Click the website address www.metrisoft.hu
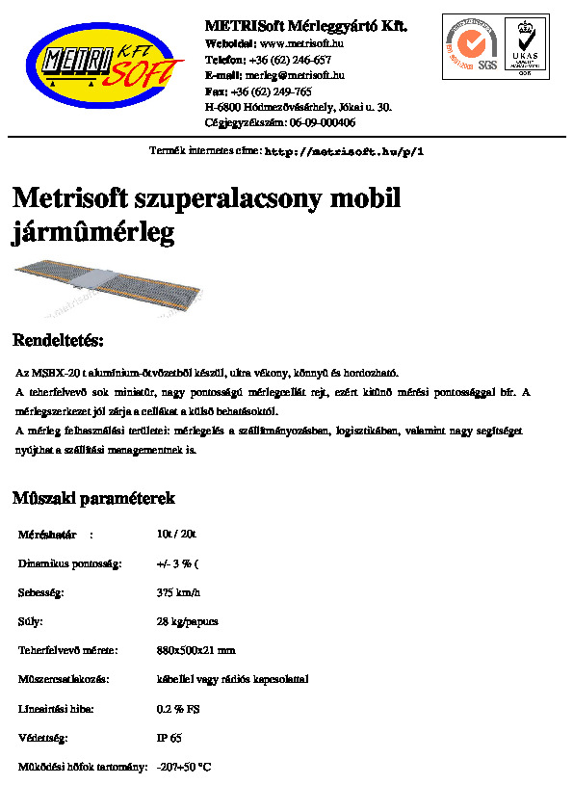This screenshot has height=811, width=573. [x=302, y=43]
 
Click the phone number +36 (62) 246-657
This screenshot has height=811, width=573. [x=283, y=60]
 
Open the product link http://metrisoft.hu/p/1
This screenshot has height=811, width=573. [x=344, y=152]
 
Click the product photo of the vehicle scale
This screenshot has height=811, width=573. [x=105, y=288]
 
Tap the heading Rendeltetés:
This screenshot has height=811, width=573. [x=57, y=341]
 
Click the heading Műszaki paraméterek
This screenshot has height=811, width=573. [x=92, y=499]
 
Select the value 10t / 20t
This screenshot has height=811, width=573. [x=176, y=533]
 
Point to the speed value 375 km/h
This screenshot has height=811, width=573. [x=178, y=592]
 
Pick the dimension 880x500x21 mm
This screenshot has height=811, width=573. [x=195, y=650]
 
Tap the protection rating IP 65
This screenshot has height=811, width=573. [x=169, y=738]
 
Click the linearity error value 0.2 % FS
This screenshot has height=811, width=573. [x=178, y=709]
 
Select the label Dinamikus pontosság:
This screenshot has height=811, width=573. [x=70, y=563]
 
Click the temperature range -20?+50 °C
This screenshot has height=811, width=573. [x=183, y=768]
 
